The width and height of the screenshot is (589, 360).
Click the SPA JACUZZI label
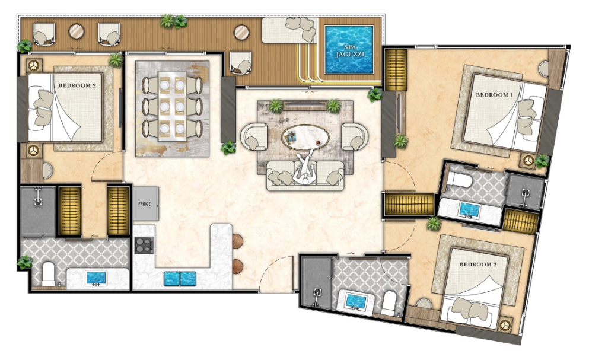(349, 51)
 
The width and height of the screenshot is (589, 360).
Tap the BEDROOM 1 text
(494, 95)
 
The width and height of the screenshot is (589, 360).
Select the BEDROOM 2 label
(77, 85)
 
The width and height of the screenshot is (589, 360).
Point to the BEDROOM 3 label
(478, 265)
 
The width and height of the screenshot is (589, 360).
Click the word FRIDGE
(145, 204)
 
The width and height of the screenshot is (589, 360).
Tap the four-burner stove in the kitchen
(144, 245)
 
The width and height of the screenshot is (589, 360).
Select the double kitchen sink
(180, 279)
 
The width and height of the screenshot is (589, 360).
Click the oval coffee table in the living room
(305, 137)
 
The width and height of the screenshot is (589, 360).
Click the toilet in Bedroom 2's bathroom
(49, 274)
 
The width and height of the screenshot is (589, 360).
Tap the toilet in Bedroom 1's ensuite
(459, 180)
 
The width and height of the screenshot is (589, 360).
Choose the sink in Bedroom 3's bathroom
(356, 301)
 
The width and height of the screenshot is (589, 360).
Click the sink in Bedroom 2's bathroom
(96, 279)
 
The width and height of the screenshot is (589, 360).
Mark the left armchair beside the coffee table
(254, 137)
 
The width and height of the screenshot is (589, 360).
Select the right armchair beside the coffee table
(355, 137)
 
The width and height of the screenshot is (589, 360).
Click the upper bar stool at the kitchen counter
(237, 241)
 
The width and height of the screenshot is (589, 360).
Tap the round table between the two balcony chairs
(77, 31)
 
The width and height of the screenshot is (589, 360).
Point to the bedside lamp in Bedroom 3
(505, 324)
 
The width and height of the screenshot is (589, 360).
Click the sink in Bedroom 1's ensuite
(469, 210)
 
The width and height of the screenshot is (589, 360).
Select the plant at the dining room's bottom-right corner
(228, 148)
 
